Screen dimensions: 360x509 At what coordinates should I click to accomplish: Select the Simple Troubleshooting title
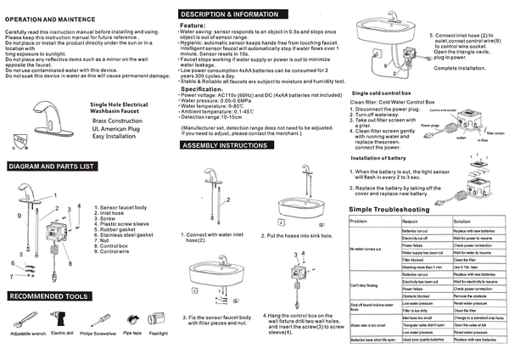coord(389,208)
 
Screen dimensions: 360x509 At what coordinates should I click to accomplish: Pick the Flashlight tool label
coord(157,334)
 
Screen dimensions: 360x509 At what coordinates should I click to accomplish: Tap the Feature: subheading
coord(197,26)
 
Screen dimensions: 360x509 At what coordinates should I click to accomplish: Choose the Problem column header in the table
coord(359,221)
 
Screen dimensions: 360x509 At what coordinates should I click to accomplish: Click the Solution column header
coord(468,221)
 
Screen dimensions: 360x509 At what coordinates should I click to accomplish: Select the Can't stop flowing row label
coord(365,286)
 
